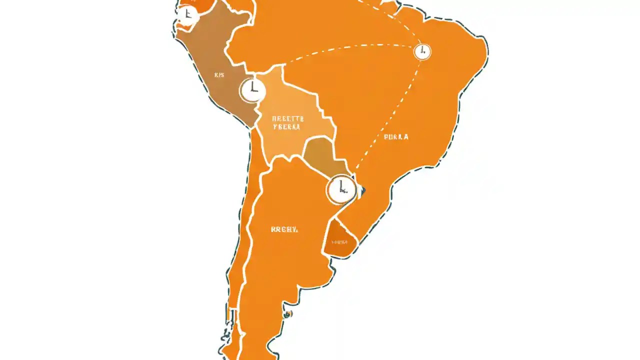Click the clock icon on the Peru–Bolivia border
coord(252,90)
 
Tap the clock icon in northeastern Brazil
coord(422,51)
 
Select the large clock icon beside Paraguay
coord(341,190)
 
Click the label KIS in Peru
coord(219,75)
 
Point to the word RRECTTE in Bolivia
coord(287,119)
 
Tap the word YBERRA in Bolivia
coord(287,127)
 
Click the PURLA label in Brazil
coord(396,136)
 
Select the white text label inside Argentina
coord(284,229)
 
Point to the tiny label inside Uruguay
coord(339,242)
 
